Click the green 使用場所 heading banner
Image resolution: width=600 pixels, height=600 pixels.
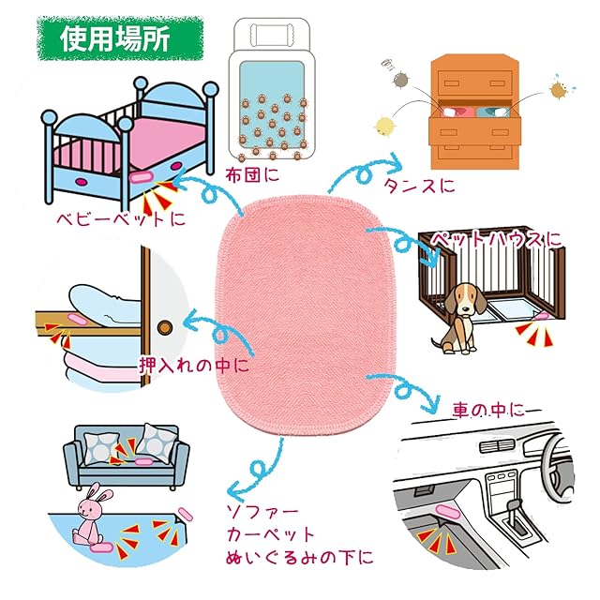120,38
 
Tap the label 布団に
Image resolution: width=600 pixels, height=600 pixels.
252,175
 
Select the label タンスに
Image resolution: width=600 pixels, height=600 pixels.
419,186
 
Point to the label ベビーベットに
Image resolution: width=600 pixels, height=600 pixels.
121,218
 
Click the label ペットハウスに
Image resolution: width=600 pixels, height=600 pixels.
496,240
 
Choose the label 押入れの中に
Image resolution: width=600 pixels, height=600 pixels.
194,366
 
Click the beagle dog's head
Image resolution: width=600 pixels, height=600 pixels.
465,298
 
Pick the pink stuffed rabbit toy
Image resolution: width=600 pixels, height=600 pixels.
91,513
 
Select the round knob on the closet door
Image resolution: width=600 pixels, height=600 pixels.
165,327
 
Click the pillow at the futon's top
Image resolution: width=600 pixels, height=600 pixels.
271,34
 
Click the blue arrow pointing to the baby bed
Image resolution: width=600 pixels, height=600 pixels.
207,190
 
